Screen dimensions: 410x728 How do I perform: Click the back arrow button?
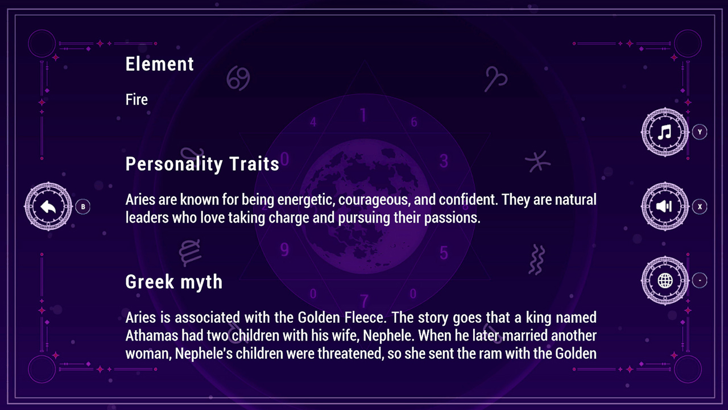pyautogui.click(x=48, y=207)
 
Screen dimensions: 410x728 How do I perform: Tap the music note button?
pyautogui.click(x=665, y=132)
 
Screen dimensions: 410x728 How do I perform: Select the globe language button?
pyautogui.click(x=665, y=280)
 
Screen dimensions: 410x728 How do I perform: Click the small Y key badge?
pyautogui.click(x=700, y=132)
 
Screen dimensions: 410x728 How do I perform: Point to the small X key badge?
pyautogui.click(x=700, y=207)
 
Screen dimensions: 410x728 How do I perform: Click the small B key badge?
pyautogui.click(x=83, y=207)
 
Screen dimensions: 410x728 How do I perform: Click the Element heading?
pyautogui.click(x=160, y=64)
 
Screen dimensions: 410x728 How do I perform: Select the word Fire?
pyautogui.click(x=136, y=100)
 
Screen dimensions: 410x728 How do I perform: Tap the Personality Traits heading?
pyautogui.click(x=202, y=164)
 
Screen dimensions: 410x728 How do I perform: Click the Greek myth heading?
pyautogui.click(x=174, y=282)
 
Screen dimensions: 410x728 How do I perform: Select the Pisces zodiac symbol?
pyautogui.click(x=537, y=162)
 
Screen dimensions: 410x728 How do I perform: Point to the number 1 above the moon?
pyautogui.click(x=363, y=115)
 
